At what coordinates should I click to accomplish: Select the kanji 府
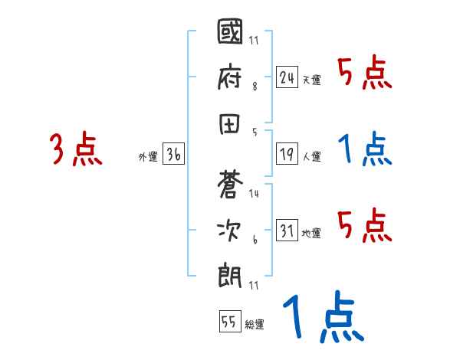click(231, 75)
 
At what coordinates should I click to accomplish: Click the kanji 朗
click(231, 272)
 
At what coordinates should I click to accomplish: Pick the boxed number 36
click(173, 154)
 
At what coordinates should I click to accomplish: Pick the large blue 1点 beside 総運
click(322, 318)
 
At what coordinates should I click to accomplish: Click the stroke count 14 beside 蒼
click(254, 194)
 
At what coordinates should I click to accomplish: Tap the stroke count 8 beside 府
click(254, 87)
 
